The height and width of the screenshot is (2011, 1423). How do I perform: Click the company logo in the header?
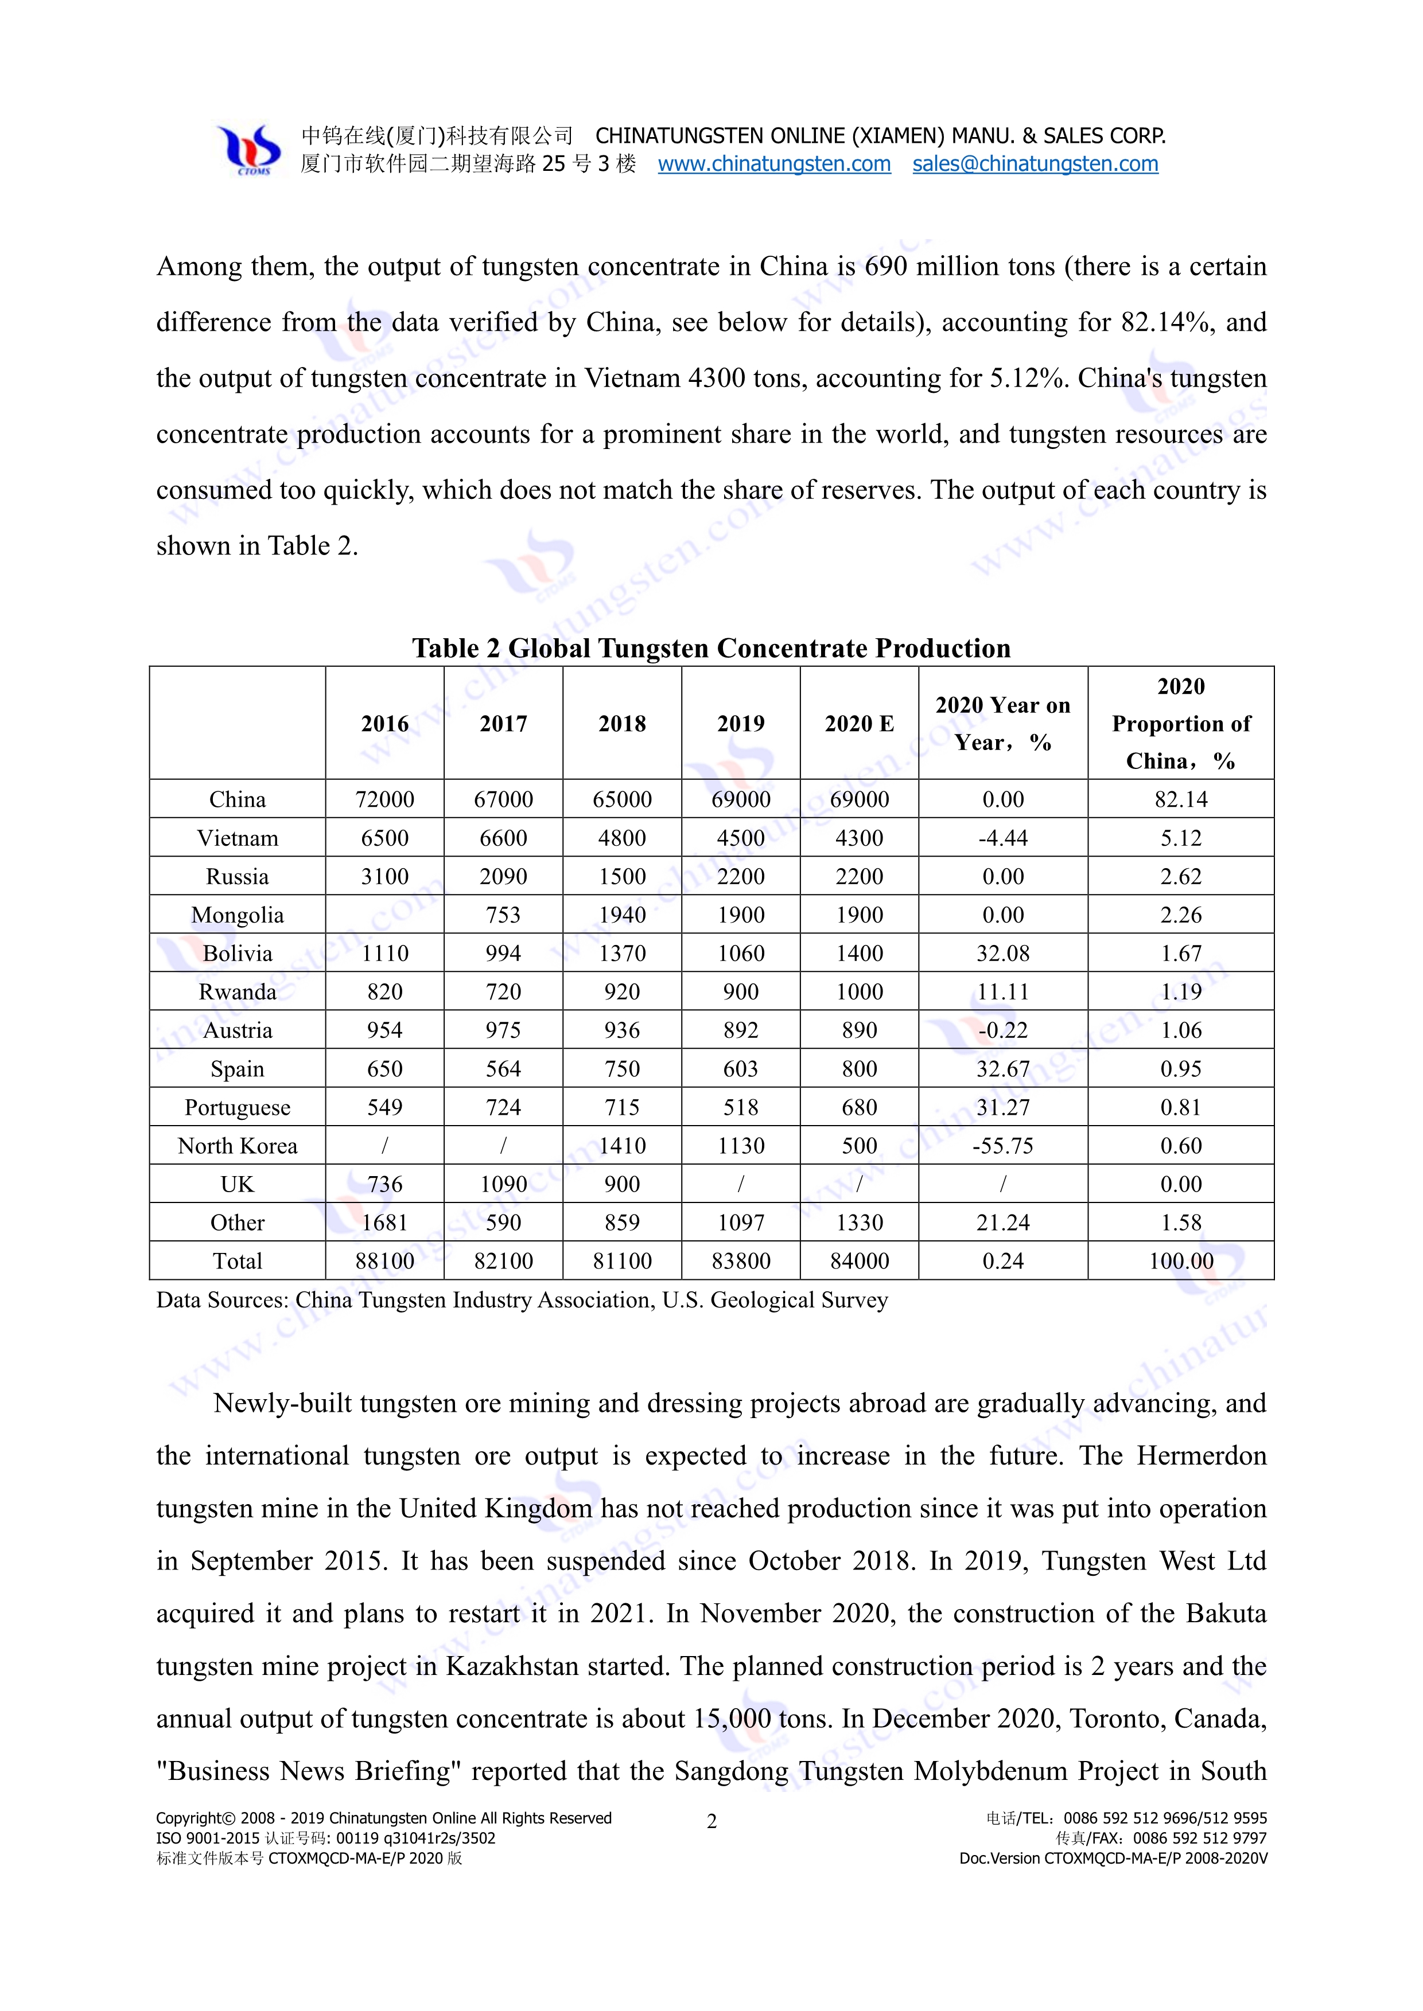(x=249, y=149)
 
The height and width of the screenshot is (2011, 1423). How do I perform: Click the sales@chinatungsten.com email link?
(x=1035, y=164)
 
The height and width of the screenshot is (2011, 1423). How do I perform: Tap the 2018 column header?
(x=621, y=724)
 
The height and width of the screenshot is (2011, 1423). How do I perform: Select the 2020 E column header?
(x=859, y=724)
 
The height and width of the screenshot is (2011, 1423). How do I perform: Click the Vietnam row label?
(x=238, y=838)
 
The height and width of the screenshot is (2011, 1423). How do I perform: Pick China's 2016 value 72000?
(x=384, y=800)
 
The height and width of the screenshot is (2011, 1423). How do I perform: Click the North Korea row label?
(x=238, y=1146)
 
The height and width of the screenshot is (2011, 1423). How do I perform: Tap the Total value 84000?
(x=859, y=1262)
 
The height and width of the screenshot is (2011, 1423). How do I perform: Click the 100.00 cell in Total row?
(x=1180, y=1262)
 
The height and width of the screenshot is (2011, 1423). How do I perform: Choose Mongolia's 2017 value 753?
(x=503, y=915)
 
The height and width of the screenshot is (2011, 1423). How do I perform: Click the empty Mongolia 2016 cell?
(x=384, y=915)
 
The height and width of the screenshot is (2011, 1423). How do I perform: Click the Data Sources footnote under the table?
(x=522, y=1301)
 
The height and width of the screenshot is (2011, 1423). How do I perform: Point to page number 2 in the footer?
(x=711, y=1822)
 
